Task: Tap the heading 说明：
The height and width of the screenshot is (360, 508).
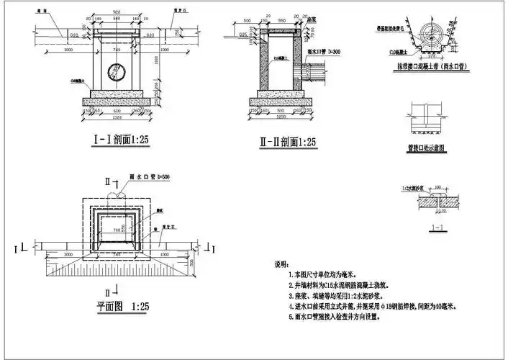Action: pyautogui.click(x=285, y=264)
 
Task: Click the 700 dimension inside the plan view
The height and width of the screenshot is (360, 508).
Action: pyautogui.click(x=117, y=228)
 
